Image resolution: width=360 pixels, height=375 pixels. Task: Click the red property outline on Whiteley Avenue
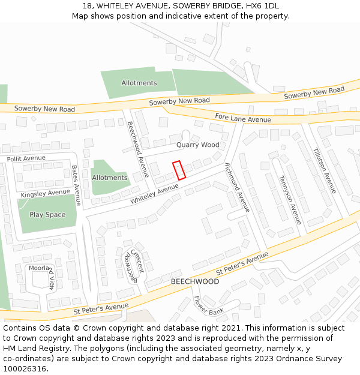179,170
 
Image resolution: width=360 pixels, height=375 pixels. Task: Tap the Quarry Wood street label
197,145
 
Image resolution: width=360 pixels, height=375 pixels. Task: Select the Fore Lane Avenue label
243,119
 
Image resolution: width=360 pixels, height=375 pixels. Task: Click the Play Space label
47,215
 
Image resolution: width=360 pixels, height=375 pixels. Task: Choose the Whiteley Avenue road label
155,194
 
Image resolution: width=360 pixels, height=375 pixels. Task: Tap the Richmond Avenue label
236,188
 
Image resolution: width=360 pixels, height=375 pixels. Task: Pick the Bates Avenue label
76,186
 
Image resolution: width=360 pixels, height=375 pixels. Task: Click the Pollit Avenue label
26,158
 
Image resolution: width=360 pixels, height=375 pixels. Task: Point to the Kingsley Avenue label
46,193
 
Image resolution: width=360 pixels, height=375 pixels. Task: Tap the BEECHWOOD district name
195,281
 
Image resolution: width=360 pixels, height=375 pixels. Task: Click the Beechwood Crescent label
133,267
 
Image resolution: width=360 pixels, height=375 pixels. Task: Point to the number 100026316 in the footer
25,369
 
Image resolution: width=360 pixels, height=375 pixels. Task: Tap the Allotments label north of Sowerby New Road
139,83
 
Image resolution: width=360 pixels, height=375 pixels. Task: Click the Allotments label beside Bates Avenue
109,178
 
